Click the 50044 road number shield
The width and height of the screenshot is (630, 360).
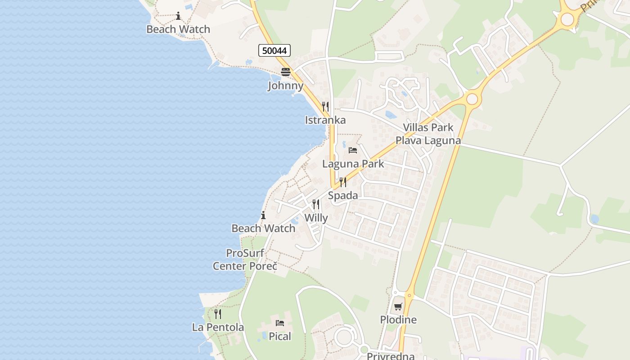[x=274, y=50]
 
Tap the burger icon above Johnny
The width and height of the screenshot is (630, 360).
[x=286, y=72]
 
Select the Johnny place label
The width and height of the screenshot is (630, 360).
[x=285, y=85]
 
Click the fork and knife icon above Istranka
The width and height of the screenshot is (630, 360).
[x=325, y=107]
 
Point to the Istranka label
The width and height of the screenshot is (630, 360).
[x=325, y=120]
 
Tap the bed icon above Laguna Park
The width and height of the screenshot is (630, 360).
[x=353, y=150]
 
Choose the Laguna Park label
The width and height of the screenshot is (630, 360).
[x=353, y=164]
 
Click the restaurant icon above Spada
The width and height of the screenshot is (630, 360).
[x=343, y=182]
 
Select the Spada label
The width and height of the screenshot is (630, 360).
[x=343, y=195]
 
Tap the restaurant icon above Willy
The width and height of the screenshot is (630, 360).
[x=316, y=204]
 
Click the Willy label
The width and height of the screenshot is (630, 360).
[x=316, y=218]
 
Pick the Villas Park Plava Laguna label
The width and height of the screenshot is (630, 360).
[x=428, y=134]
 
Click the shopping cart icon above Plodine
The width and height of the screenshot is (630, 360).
[x=398, y=307]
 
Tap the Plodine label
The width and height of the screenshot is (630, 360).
[x=398, y=320]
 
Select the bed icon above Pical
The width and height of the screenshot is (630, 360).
[x=280, y=323]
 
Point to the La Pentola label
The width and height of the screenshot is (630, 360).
[x=218, y=327]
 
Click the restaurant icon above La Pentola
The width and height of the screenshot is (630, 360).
[x=218, y=314]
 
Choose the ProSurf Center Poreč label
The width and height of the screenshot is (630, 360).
[x=245, y=260]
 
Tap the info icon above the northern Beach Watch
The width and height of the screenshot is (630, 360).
[x=178, y=16]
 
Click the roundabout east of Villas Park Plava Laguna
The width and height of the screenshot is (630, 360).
[x=472, y=99]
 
